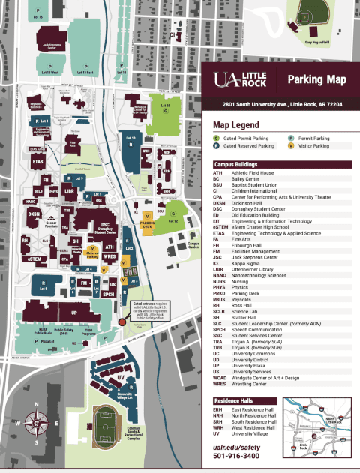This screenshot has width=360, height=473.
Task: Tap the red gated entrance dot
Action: pyautogui.click(x=122, y=322)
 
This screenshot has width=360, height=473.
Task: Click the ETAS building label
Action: pyautogui.click(x=38, y=161)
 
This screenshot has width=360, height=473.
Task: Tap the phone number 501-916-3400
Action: pyautogui.click(x=236, y=456)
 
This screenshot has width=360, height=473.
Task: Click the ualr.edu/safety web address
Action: pyautogui.click(x=237, y=445)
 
